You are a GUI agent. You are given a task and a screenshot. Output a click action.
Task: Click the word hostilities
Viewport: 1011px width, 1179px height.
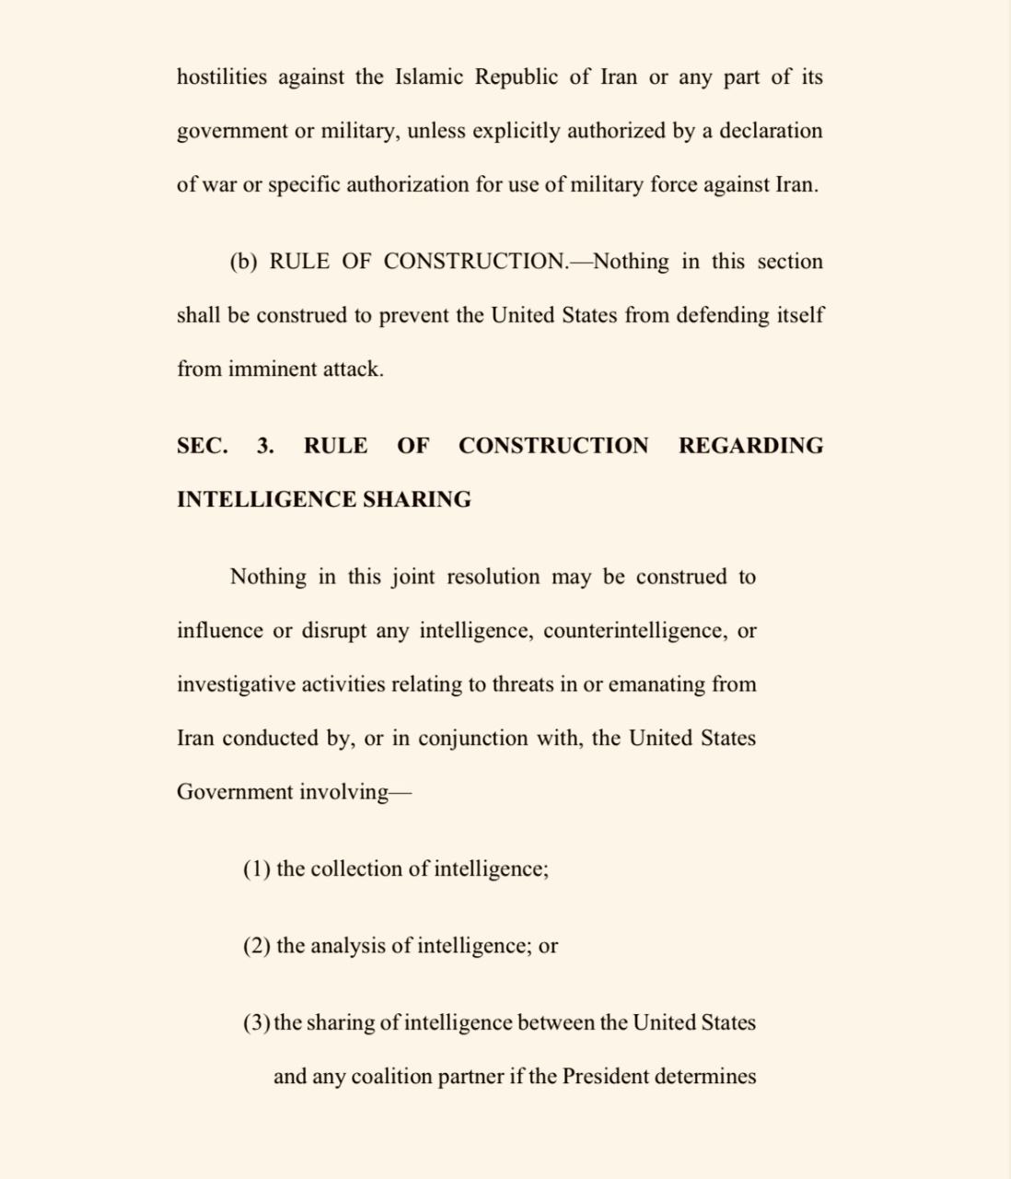point(222,76)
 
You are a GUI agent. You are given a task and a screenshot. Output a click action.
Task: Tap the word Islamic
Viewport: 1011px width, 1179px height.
point(429,76)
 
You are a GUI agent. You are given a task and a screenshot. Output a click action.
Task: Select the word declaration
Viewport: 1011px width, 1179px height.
point(771,131)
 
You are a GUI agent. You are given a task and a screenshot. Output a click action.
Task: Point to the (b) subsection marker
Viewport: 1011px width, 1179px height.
point(244,262)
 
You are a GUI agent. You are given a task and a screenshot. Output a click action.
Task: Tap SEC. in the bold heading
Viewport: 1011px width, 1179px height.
point(203,446)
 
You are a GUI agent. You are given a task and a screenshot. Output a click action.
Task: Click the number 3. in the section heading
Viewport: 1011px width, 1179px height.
point(265,446)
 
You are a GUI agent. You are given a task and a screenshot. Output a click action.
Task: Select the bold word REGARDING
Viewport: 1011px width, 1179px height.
point(750,446)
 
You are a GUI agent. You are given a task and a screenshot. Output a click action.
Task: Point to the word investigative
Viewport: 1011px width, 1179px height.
point(236,684)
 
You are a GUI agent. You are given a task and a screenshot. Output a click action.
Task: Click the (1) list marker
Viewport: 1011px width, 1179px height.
point(257,870)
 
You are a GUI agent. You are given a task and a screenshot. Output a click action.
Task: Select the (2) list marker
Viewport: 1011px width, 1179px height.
point(257,946)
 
